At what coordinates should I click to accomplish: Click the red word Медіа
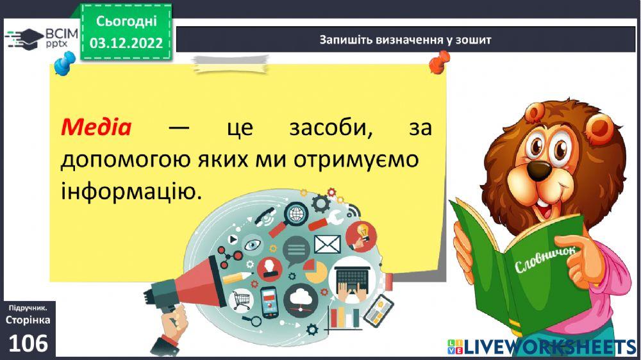tap(96, 127)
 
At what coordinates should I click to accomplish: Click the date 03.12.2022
tap(126, 44)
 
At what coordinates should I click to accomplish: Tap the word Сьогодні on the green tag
tap(126, 21)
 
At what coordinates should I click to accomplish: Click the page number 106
tap(28, 343)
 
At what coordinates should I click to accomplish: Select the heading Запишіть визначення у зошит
tap(406, 40)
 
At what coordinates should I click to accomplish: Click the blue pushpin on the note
tap(65, 62)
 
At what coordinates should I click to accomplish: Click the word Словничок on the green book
tap(545, 256)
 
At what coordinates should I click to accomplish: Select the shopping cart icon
tap(242, 299)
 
